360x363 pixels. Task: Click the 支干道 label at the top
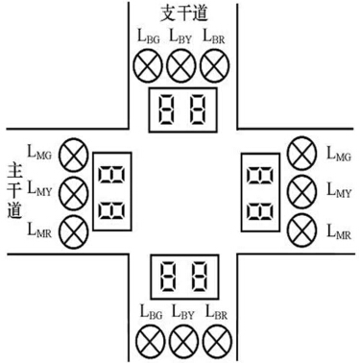point(180,14)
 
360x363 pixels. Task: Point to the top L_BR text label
point(213,38)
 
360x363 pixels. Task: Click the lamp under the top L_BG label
point(147,66)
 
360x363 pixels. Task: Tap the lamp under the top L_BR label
point(213,66)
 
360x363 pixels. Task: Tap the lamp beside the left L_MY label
point(72,191)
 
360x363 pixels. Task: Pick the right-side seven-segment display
point(258,188)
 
